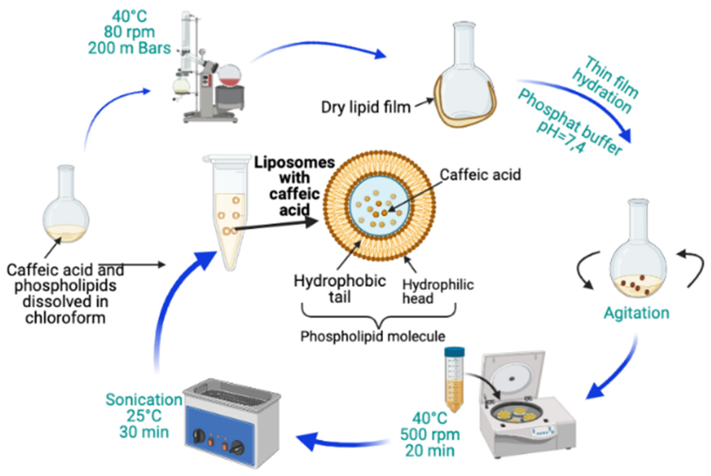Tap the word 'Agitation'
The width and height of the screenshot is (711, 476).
point(636,313)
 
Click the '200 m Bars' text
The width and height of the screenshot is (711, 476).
point(129,48)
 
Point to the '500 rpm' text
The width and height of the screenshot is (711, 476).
point(430,434)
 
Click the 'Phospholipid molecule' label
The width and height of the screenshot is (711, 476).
point(372,336)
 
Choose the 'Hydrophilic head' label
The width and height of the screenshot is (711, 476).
point(437,291)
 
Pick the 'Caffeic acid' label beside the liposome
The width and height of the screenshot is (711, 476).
point(480,174)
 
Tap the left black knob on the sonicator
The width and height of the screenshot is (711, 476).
point(199,436)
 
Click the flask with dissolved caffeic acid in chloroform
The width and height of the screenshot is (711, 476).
point(66,212)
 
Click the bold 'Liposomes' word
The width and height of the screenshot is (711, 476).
point(294,163)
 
